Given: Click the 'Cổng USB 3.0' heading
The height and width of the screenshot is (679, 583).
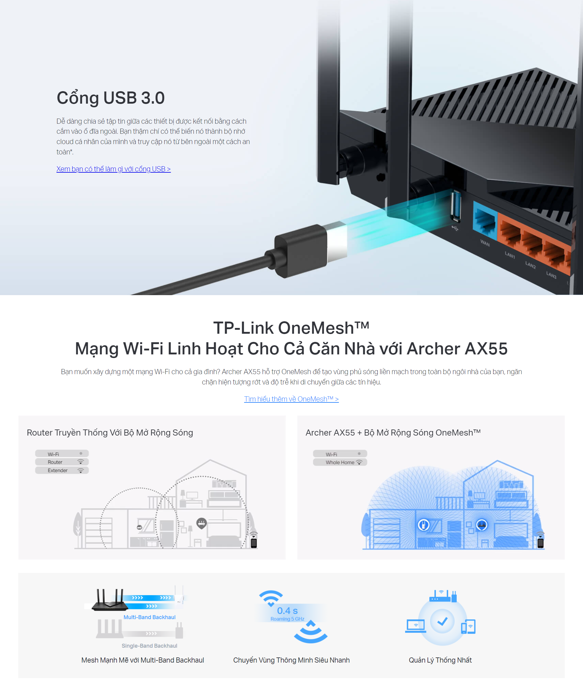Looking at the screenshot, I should tap(111, 98).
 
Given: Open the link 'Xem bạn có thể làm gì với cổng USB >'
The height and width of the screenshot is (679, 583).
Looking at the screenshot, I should tap(113, 169).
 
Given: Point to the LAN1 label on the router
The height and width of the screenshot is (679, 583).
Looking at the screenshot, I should tap(510, 255).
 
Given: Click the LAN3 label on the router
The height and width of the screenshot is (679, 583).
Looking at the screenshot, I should tap(551, 275).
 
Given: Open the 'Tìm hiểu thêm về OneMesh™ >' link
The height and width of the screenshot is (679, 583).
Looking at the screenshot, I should tap(291, 399).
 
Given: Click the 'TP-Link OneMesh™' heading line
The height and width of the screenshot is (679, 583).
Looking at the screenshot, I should tap(291, 328).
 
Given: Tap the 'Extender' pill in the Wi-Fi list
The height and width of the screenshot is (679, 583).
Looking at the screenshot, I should tap(62, 470).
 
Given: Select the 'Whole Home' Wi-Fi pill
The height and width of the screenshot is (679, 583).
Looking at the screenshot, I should tap(340, 462).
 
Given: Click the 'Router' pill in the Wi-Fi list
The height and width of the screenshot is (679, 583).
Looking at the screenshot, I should tap(62, 462).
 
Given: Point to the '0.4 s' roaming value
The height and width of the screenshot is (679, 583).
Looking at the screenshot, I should tap(288, 611).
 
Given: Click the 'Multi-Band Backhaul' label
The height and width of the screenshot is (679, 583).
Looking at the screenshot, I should tap(149, 617).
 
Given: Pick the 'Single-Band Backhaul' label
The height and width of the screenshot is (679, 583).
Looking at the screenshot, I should tap(149, 646).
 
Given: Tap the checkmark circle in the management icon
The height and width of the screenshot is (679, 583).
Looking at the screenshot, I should tap(442, 621).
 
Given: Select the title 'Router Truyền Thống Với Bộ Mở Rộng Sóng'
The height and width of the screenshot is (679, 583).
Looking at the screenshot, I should tap(110, 433).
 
